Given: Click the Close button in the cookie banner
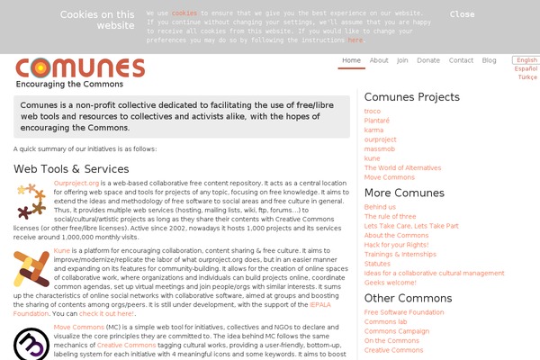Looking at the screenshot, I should pos(462,14).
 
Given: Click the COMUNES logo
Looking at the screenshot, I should pos(80,68).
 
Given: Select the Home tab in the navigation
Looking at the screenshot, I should pos(351,60).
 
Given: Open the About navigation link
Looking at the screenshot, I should pos(379,60).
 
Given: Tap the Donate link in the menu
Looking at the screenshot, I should pos(428,60).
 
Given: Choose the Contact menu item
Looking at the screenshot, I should pos(461,60).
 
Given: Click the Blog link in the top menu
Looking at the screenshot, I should pos(489,60).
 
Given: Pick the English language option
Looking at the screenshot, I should pos(526,60).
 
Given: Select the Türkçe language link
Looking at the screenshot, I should pos(526,77).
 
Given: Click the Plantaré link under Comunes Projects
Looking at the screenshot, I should pos(377,121).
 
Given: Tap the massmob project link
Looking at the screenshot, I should pos(380,148).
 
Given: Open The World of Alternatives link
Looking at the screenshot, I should pos(402,167).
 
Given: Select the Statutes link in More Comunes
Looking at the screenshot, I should pos(378,264).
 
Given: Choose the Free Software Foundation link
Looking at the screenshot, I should pos(403,312).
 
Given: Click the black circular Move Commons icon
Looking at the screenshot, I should pos(31,345).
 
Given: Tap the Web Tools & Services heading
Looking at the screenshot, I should pos(71,168).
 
